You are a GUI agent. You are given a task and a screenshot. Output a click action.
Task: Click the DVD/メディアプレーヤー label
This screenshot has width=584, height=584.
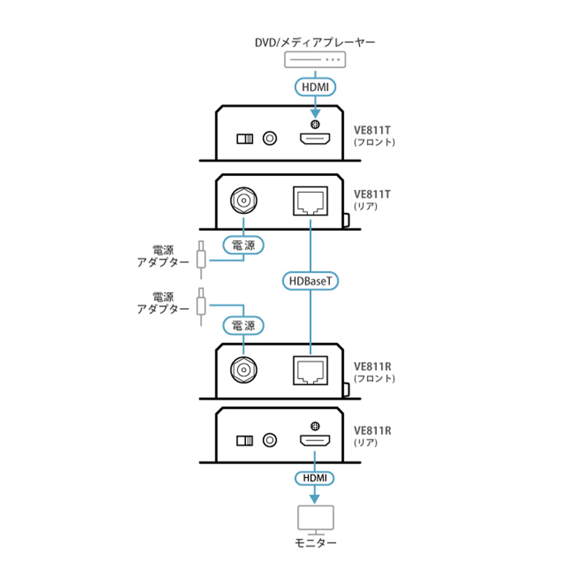click(x=315, y=42)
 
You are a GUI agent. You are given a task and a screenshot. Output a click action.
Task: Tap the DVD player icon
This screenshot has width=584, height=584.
click(x=315, y=60)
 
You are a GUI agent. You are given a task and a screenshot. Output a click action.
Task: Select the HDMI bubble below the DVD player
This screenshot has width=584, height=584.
click(x=315, y=87)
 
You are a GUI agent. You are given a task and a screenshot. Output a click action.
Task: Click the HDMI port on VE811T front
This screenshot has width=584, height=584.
click(x=315, y=139)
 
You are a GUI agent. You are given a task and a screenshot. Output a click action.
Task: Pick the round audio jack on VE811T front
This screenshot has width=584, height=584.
click(x=269, y=139)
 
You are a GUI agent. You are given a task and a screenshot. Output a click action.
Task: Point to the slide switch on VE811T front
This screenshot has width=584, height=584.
click(x=245, y=139)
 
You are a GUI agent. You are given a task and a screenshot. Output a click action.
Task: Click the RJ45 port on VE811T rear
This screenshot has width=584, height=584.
click(x=311, y=201)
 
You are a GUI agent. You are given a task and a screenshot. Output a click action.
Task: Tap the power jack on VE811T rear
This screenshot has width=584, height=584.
click(x=244, y=200)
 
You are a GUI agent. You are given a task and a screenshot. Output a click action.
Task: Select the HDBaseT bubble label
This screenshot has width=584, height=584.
click(x=310, y=281)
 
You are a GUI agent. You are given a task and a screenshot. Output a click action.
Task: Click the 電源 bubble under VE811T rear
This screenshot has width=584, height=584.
click(x=244, y=245)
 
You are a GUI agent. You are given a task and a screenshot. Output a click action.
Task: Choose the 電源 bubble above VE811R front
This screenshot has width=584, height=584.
click(x=244, y=326)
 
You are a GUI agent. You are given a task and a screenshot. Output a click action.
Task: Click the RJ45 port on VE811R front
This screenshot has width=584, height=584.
click(x=311, y=371)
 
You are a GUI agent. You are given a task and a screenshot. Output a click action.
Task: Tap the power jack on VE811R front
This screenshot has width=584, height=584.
click(x=244, y=370)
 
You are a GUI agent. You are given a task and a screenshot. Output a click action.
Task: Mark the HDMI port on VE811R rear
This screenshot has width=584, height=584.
click(x=315, y=441)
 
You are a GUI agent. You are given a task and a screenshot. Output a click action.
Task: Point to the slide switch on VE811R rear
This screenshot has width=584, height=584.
click(x=245, y=441)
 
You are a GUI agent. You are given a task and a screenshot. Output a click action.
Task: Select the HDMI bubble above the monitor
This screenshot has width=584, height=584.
click(x=315, y=478)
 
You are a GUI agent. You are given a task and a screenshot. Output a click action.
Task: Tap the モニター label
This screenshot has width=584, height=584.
click(x=315, y=543)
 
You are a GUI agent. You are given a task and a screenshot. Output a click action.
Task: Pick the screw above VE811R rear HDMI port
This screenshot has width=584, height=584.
click(x=315, y=426)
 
